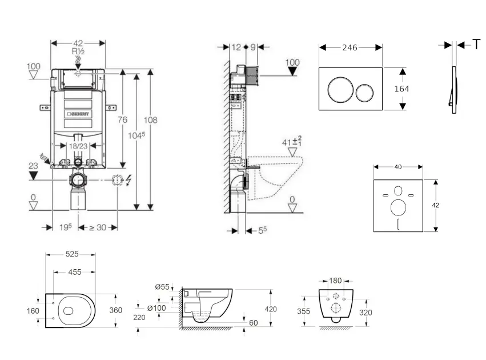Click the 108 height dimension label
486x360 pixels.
pos(151,120)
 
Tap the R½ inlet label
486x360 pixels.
pos(78,51)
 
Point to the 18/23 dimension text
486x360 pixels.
pos(78,146)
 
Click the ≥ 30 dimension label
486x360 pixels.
pos(98,227)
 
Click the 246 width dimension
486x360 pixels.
pos(349,47)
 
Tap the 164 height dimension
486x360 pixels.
pos(401,89)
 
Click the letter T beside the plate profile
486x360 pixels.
pos(476,45)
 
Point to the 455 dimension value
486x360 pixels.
pos(74,273)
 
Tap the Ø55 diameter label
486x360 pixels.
pos(162,287)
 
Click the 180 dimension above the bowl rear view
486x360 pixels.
pos(335,281)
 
